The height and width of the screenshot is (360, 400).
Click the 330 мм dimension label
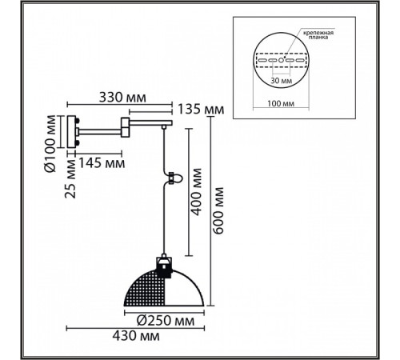[122, 98]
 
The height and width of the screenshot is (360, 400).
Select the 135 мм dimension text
[201, 110]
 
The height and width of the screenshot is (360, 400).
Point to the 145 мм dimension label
[102, 162]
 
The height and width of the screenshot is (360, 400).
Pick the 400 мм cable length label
[197, 192]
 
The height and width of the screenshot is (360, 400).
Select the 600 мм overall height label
[218, 211]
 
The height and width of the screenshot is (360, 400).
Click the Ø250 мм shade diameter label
[166, 321]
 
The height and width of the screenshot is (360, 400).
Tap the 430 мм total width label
[136, 336]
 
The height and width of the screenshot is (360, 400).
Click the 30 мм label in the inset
[282, 81]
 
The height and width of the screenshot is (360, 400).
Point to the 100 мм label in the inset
[281, 103]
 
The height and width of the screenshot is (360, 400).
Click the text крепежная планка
[318, 35]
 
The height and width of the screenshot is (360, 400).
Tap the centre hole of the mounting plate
[281, 60]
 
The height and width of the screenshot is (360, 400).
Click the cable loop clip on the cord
[173, 178]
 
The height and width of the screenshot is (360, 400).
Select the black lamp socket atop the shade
[163, 266]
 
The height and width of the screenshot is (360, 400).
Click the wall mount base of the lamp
[71, 131]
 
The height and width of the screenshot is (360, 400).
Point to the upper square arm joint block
[125, 122]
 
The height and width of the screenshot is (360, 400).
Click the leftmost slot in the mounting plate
[262, 60]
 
